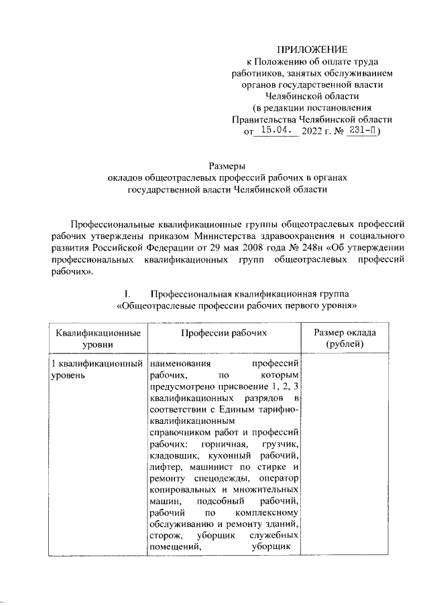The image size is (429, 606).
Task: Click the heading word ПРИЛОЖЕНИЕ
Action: [313, 50]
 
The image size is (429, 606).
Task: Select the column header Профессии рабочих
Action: [224, 332]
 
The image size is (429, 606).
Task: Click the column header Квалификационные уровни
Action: [98, 338]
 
